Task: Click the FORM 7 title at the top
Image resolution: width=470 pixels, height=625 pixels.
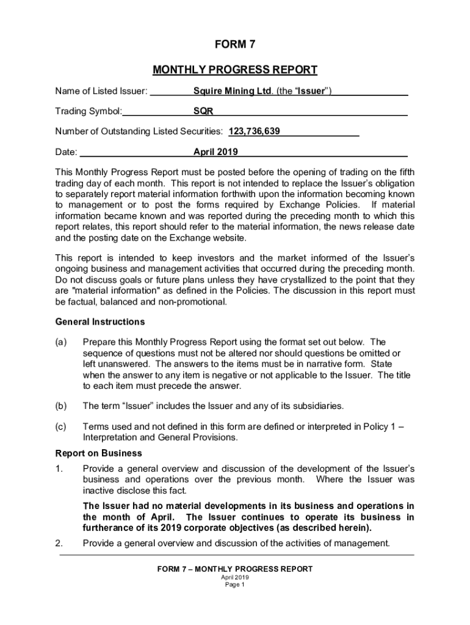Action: (234, 44)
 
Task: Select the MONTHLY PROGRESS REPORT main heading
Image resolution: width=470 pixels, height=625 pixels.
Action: (234, 70)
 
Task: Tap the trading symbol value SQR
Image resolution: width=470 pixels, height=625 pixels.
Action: (203, 112)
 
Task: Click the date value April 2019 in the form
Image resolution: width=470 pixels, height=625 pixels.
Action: (215, 152)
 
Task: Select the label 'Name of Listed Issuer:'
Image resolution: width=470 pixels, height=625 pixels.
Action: (101, 92)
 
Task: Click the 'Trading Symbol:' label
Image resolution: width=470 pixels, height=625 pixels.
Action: (89, 112)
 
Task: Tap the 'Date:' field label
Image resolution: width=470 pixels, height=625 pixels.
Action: (66, 152)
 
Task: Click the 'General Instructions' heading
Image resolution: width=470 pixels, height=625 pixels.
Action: (100, 322)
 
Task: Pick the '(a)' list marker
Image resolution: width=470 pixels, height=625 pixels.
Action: (61, 342)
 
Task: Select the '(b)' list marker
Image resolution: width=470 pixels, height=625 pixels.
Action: (61, 406)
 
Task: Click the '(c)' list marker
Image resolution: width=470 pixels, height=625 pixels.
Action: (61, 427)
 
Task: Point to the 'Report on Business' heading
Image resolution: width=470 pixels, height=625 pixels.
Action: (98, 453)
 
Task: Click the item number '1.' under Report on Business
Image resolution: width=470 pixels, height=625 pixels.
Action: (59, 469)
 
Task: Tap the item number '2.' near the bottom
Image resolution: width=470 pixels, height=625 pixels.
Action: (59, 543)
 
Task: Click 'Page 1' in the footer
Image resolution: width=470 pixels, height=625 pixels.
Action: (234, 585)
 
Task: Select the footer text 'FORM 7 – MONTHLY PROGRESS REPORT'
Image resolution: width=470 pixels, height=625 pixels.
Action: (234, 569)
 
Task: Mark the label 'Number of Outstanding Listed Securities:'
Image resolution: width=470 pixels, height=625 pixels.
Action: (139, 131)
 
